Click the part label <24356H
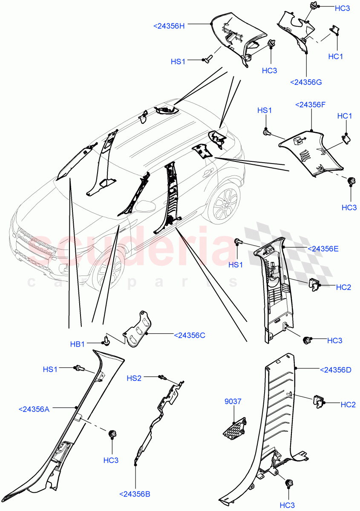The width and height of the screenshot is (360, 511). (x=169, y=26)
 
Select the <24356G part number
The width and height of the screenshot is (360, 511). (x=305, y=82)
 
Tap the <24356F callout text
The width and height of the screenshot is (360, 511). (x=311, y=104)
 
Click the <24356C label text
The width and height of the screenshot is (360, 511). (x=190, y=336)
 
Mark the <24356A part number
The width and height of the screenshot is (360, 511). (x=34, y=409)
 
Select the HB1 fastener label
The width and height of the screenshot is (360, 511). (x=78, y=344)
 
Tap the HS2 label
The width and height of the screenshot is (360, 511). (x=134, y=378)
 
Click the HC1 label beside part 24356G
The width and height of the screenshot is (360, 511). (x=336, y=56)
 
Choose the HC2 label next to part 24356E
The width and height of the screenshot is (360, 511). (x=343, y=287)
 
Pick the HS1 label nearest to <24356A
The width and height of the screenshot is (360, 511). (x=50, y=370)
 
